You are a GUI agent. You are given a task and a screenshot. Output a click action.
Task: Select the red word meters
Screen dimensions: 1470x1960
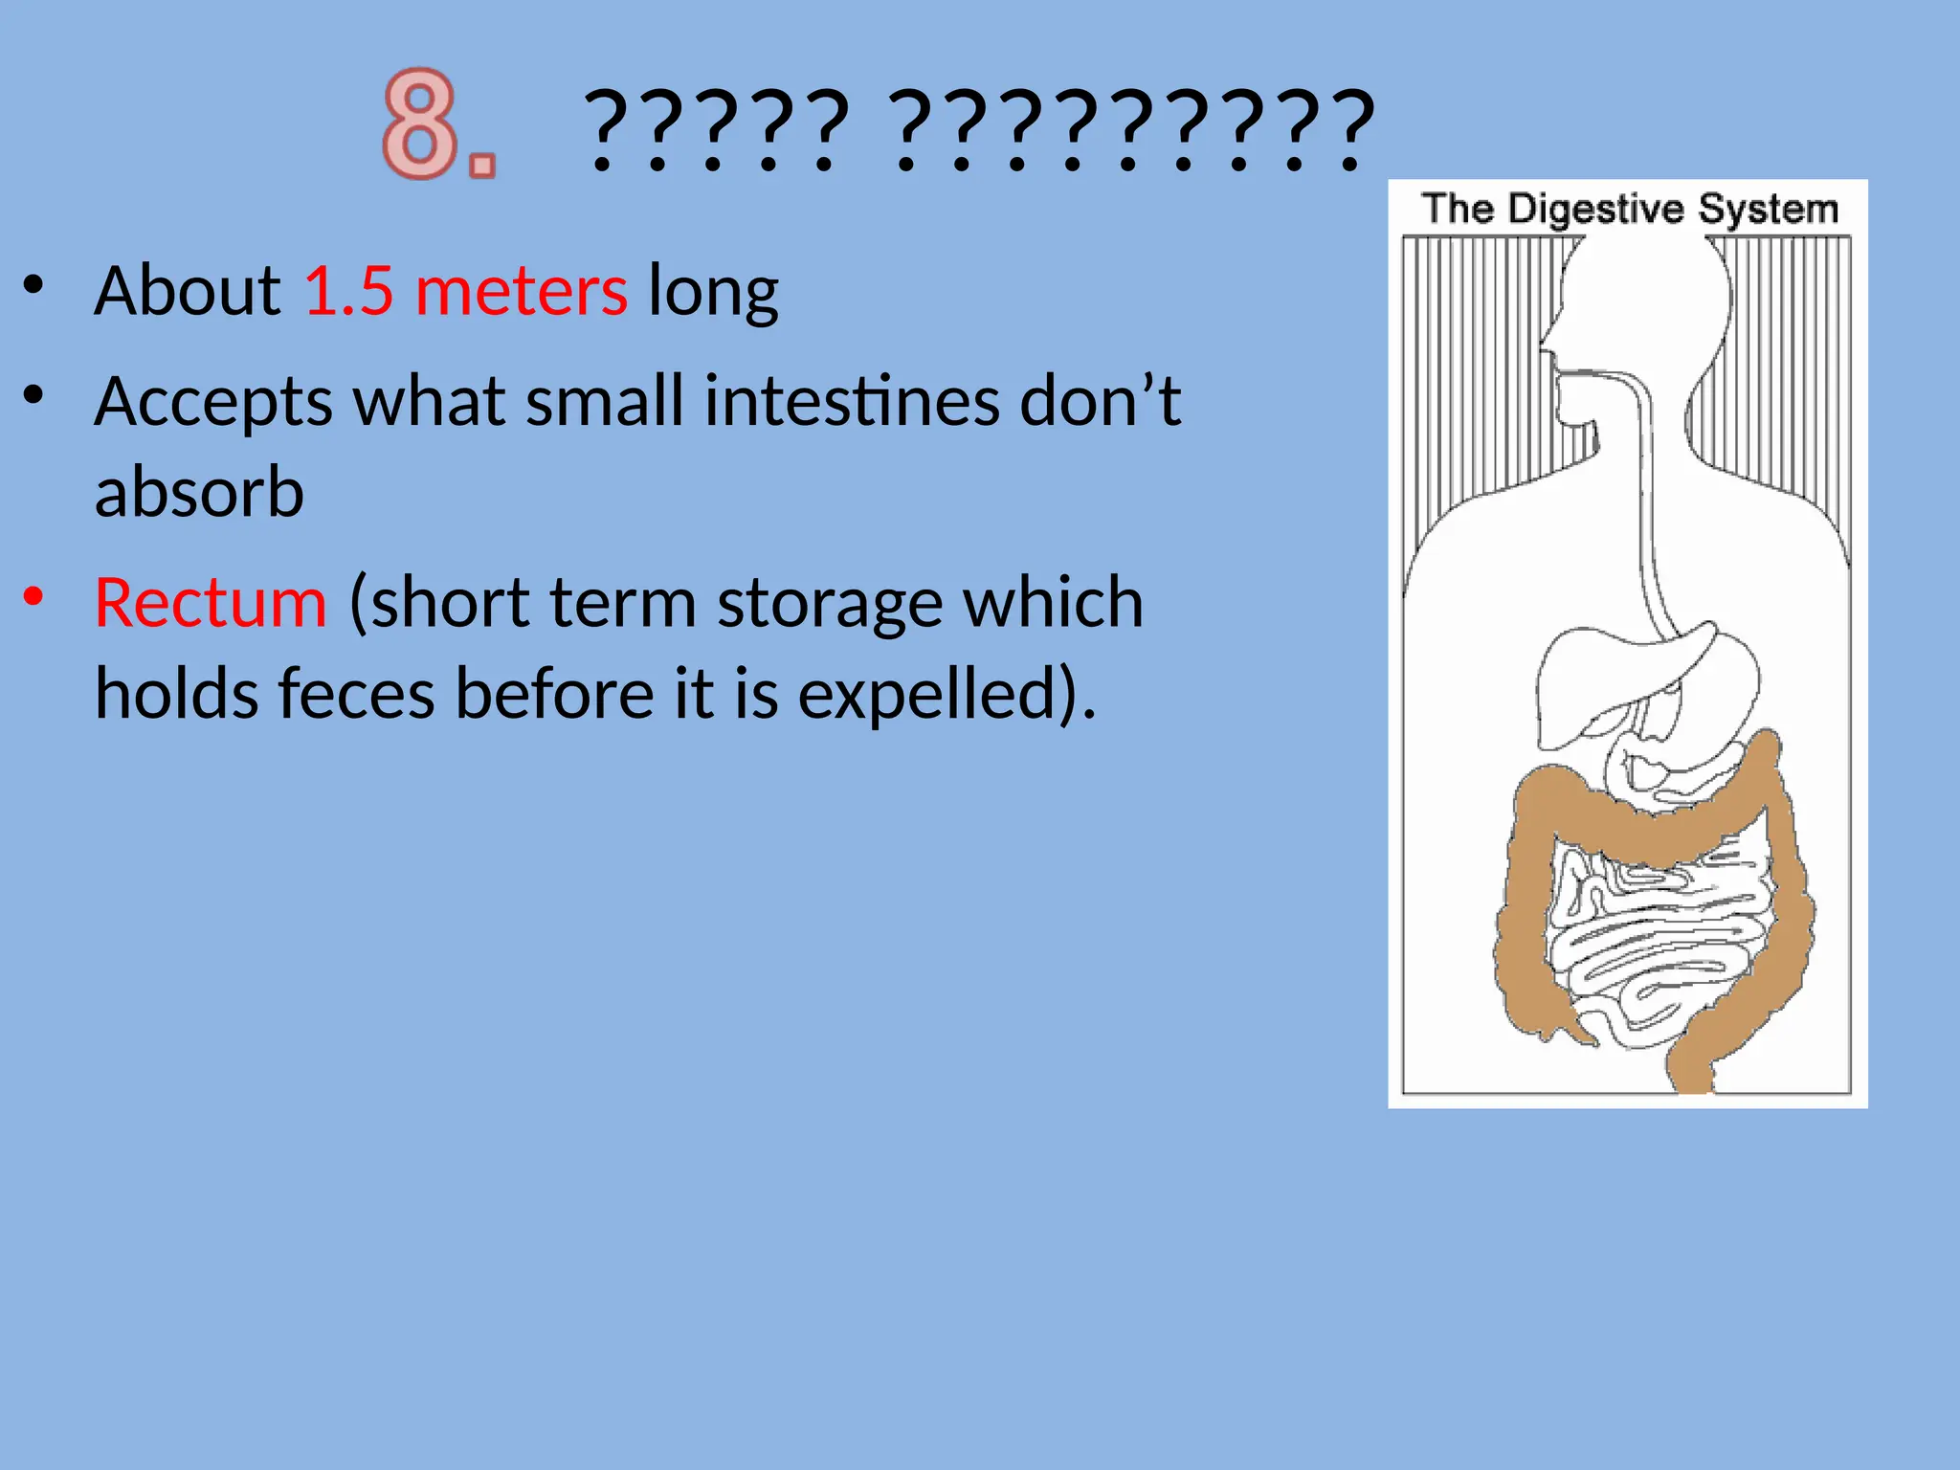point(522,290)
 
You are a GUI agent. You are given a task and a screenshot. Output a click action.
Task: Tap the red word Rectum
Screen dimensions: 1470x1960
point(211,603)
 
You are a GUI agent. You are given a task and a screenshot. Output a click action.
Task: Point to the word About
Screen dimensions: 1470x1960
point(188,290)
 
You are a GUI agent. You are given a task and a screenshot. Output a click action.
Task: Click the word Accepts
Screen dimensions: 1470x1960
point(213,402)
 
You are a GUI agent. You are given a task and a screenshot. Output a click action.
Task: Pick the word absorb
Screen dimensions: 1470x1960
point(199,492)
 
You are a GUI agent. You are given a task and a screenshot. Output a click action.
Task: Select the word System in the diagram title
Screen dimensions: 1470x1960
point(1768,210)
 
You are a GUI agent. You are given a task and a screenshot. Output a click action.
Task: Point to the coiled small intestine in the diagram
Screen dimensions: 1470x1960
point(1656,947)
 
